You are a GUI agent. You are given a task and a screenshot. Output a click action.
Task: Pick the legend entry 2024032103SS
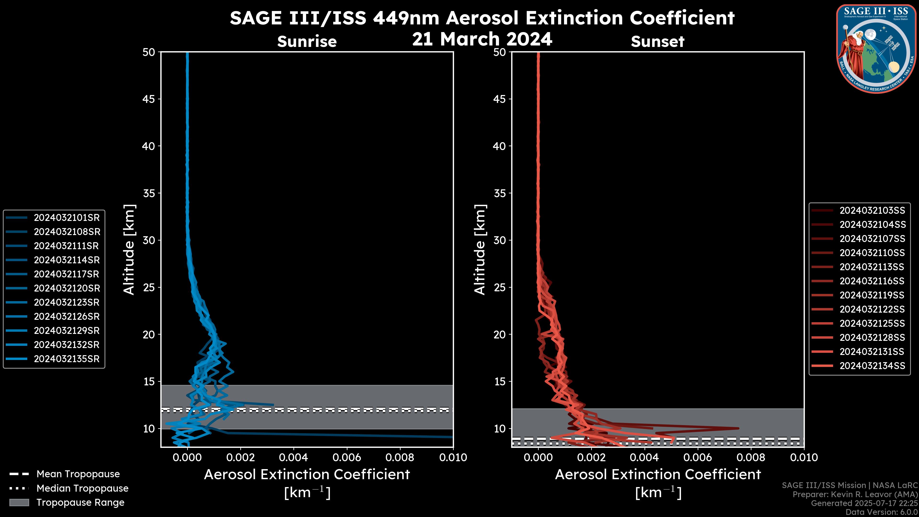click(872, 211)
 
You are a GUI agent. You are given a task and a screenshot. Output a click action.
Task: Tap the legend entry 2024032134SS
click(872, 366)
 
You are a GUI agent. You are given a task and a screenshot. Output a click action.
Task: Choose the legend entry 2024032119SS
click(872, 295)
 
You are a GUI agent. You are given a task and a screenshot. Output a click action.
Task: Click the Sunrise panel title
click(307, 42)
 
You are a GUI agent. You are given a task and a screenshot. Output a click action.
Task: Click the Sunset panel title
click(657, 42)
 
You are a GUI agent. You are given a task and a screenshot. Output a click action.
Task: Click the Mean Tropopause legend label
click(78, 474)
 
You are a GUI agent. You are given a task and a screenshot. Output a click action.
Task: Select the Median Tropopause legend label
click(82, 489)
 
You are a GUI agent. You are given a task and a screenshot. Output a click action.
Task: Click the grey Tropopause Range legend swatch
click(19, 503)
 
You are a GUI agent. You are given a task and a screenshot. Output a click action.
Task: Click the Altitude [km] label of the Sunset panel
click(480, 250)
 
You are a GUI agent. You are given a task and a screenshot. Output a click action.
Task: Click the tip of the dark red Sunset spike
click(738, 428)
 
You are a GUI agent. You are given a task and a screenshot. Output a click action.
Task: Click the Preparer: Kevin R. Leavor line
click(855, 495)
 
